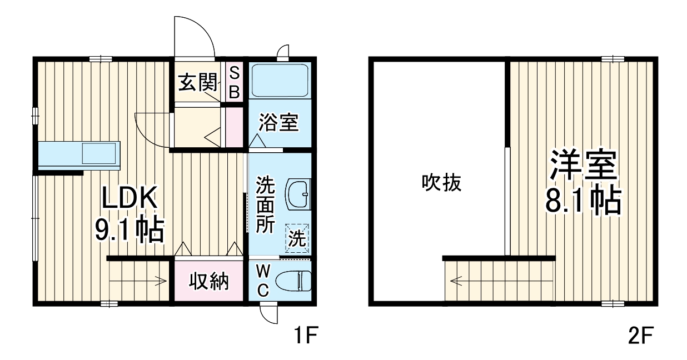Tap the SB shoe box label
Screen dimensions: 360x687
tap(234, 82)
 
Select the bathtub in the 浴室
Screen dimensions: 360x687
tap(279, 80)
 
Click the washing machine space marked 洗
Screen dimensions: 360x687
tap(297, 239)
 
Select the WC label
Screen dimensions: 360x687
tap(263, 281)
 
